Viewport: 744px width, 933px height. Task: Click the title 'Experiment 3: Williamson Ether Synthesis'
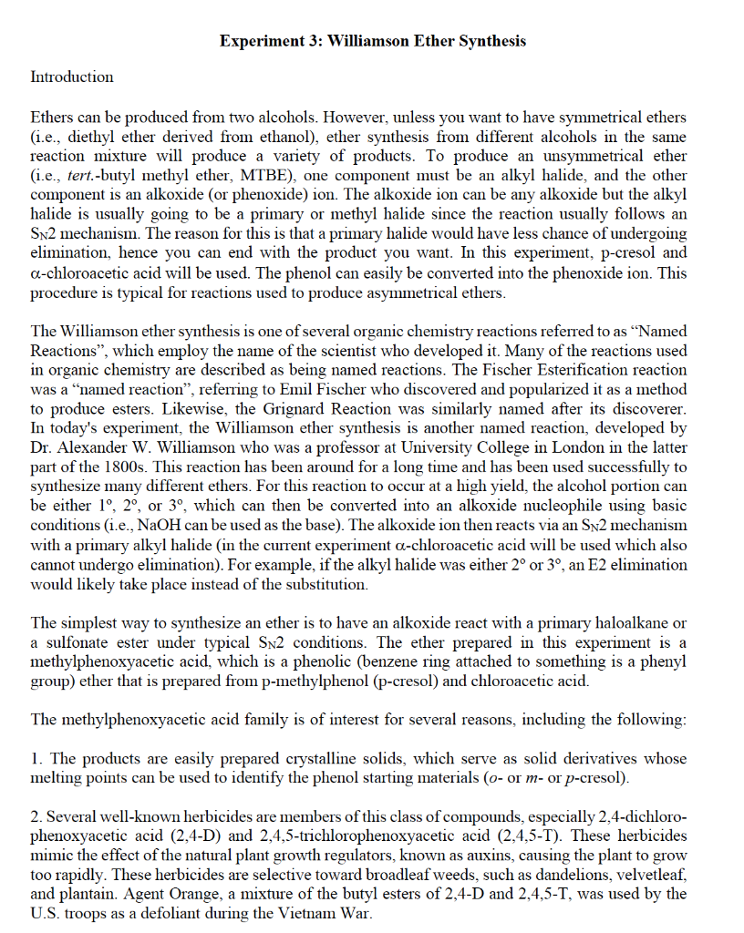(x=372, y=41)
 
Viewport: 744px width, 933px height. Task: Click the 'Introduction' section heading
(x=72, y=77)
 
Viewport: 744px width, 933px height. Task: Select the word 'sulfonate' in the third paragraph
(x=75, y=641)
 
